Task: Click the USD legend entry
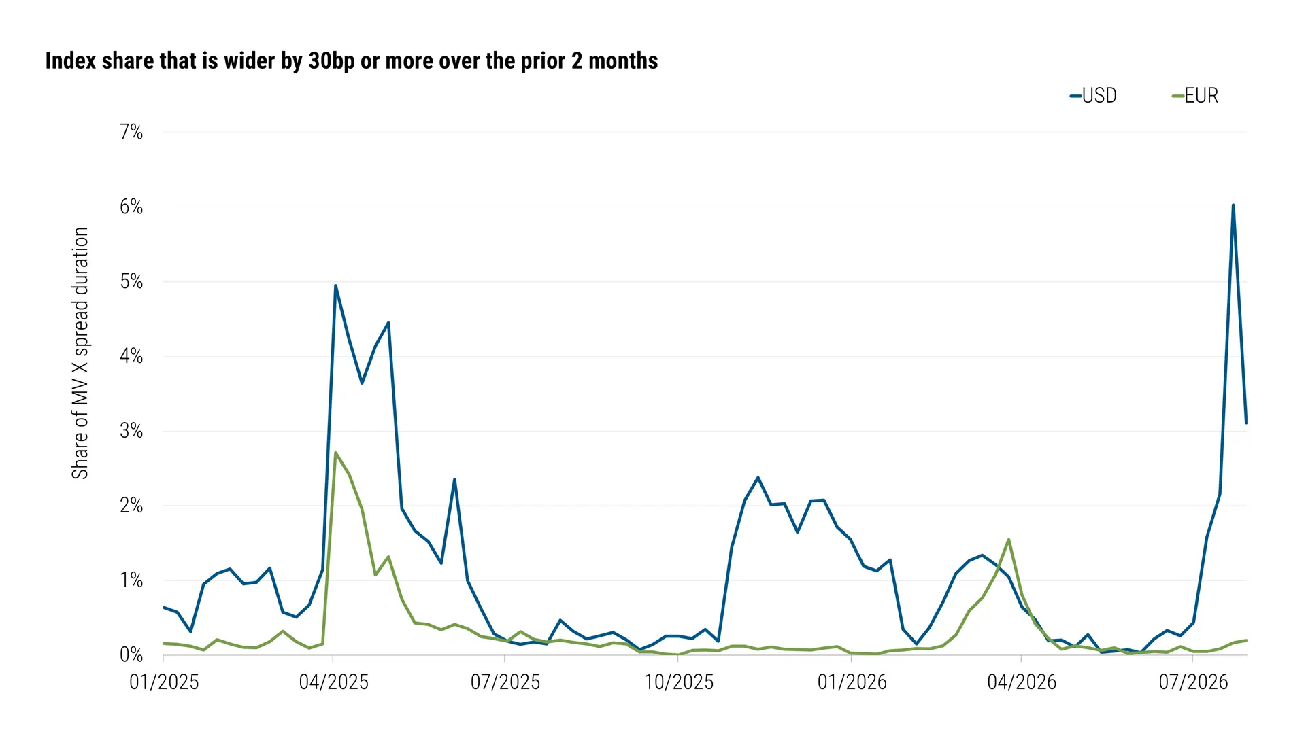[1093, 96]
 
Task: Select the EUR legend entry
[1195, 96]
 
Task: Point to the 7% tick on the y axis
[131, 132]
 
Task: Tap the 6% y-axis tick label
[131, 207]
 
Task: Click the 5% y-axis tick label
[131, 281]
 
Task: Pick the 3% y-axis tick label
[131, 431]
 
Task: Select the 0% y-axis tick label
[131, 655]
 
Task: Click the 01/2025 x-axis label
[164, 682]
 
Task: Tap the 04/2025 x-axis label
[333, 682]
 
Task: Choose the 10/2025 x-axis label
[679, 682]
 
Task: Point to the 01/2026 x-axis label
[852, 682]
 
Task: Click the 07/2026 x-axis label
[1193, 682]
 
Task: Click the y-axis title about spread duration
[80, 353]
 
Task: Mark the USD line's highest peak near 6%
[1233, 205]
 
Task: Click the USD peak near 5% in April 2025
[335, 285]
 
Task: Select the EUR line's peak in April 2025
[335, 453]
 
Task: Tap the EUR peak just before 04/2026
[1008, 540]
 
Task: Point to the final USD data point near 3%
[1246, 423]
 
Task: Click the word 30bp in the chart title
[331, 61]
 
